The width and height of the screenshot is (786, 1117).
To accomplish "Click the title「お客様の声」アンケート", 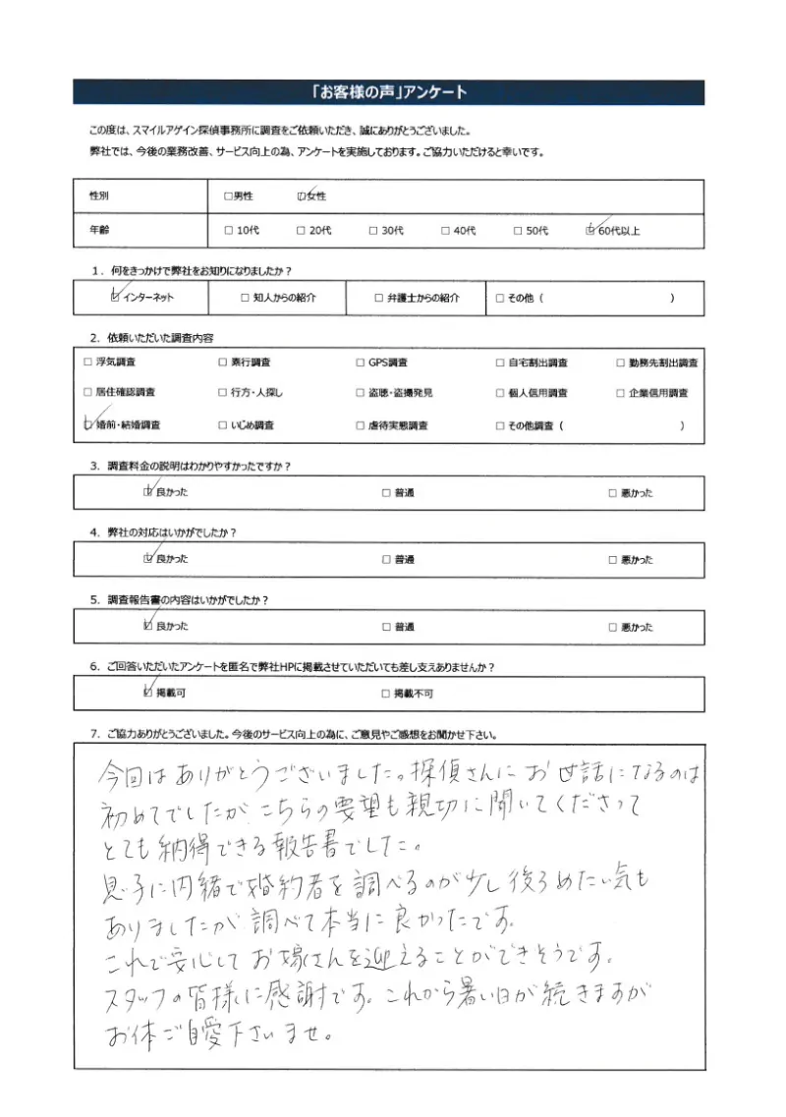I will pyautogui.click(x=388, y=92).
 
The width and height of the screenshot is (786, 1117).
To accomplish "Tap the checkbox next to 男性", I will pyautogui.click(x=228, y=196).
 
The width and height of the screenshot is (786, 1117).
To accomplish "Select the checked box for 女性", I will pyautogui.click(x=301, y=196).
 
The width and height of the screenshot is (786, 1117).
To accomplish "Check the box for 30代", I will pyautogui.click(x=373, y=231).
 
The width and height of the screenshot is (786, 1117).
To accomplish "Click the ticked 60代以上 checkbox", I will pyautogui.click(x=589, y=231).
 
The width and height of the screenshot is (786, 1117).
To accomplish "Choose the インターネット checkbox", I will pyautogui.click(x=116, y=297).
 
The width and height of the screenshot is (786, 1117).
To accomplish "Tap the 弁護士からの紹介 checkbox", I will pyautogui.click(x=378, y=298).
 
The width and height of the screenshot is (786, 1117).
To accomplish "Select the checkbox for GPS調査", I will pyautogui.click(x=361, y=363).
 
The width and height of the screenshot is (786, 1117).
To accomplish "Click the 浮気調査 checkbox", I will pyautogui.click(x=88, y=363).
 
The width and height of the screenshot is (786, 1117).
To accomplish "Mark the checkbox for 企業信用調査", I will pyautogui.click(x=621, y=393).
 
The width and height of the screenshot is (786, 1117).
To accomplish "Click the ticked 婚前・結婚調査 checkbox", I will pyautogui.click(x=88, y=425).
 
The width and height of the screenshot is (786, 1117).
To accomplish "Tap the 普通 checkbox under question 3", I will pyautogui.click(x=386, y=493).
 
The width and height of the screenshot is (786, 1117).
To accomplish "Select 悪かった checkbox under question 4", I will pyautogui.click(x=612, y=560).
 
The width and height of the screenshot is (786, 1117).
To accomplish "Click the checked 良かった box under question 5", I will pyautogui.click(x=148, y=626).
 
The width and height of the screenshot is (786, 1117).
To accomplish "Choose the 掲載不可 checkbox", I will pyautogui.click(x=386, y=694).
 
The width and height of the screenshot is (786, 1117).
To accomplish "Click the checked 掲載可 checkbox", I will pyautogui.click(x=148, y=693).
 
